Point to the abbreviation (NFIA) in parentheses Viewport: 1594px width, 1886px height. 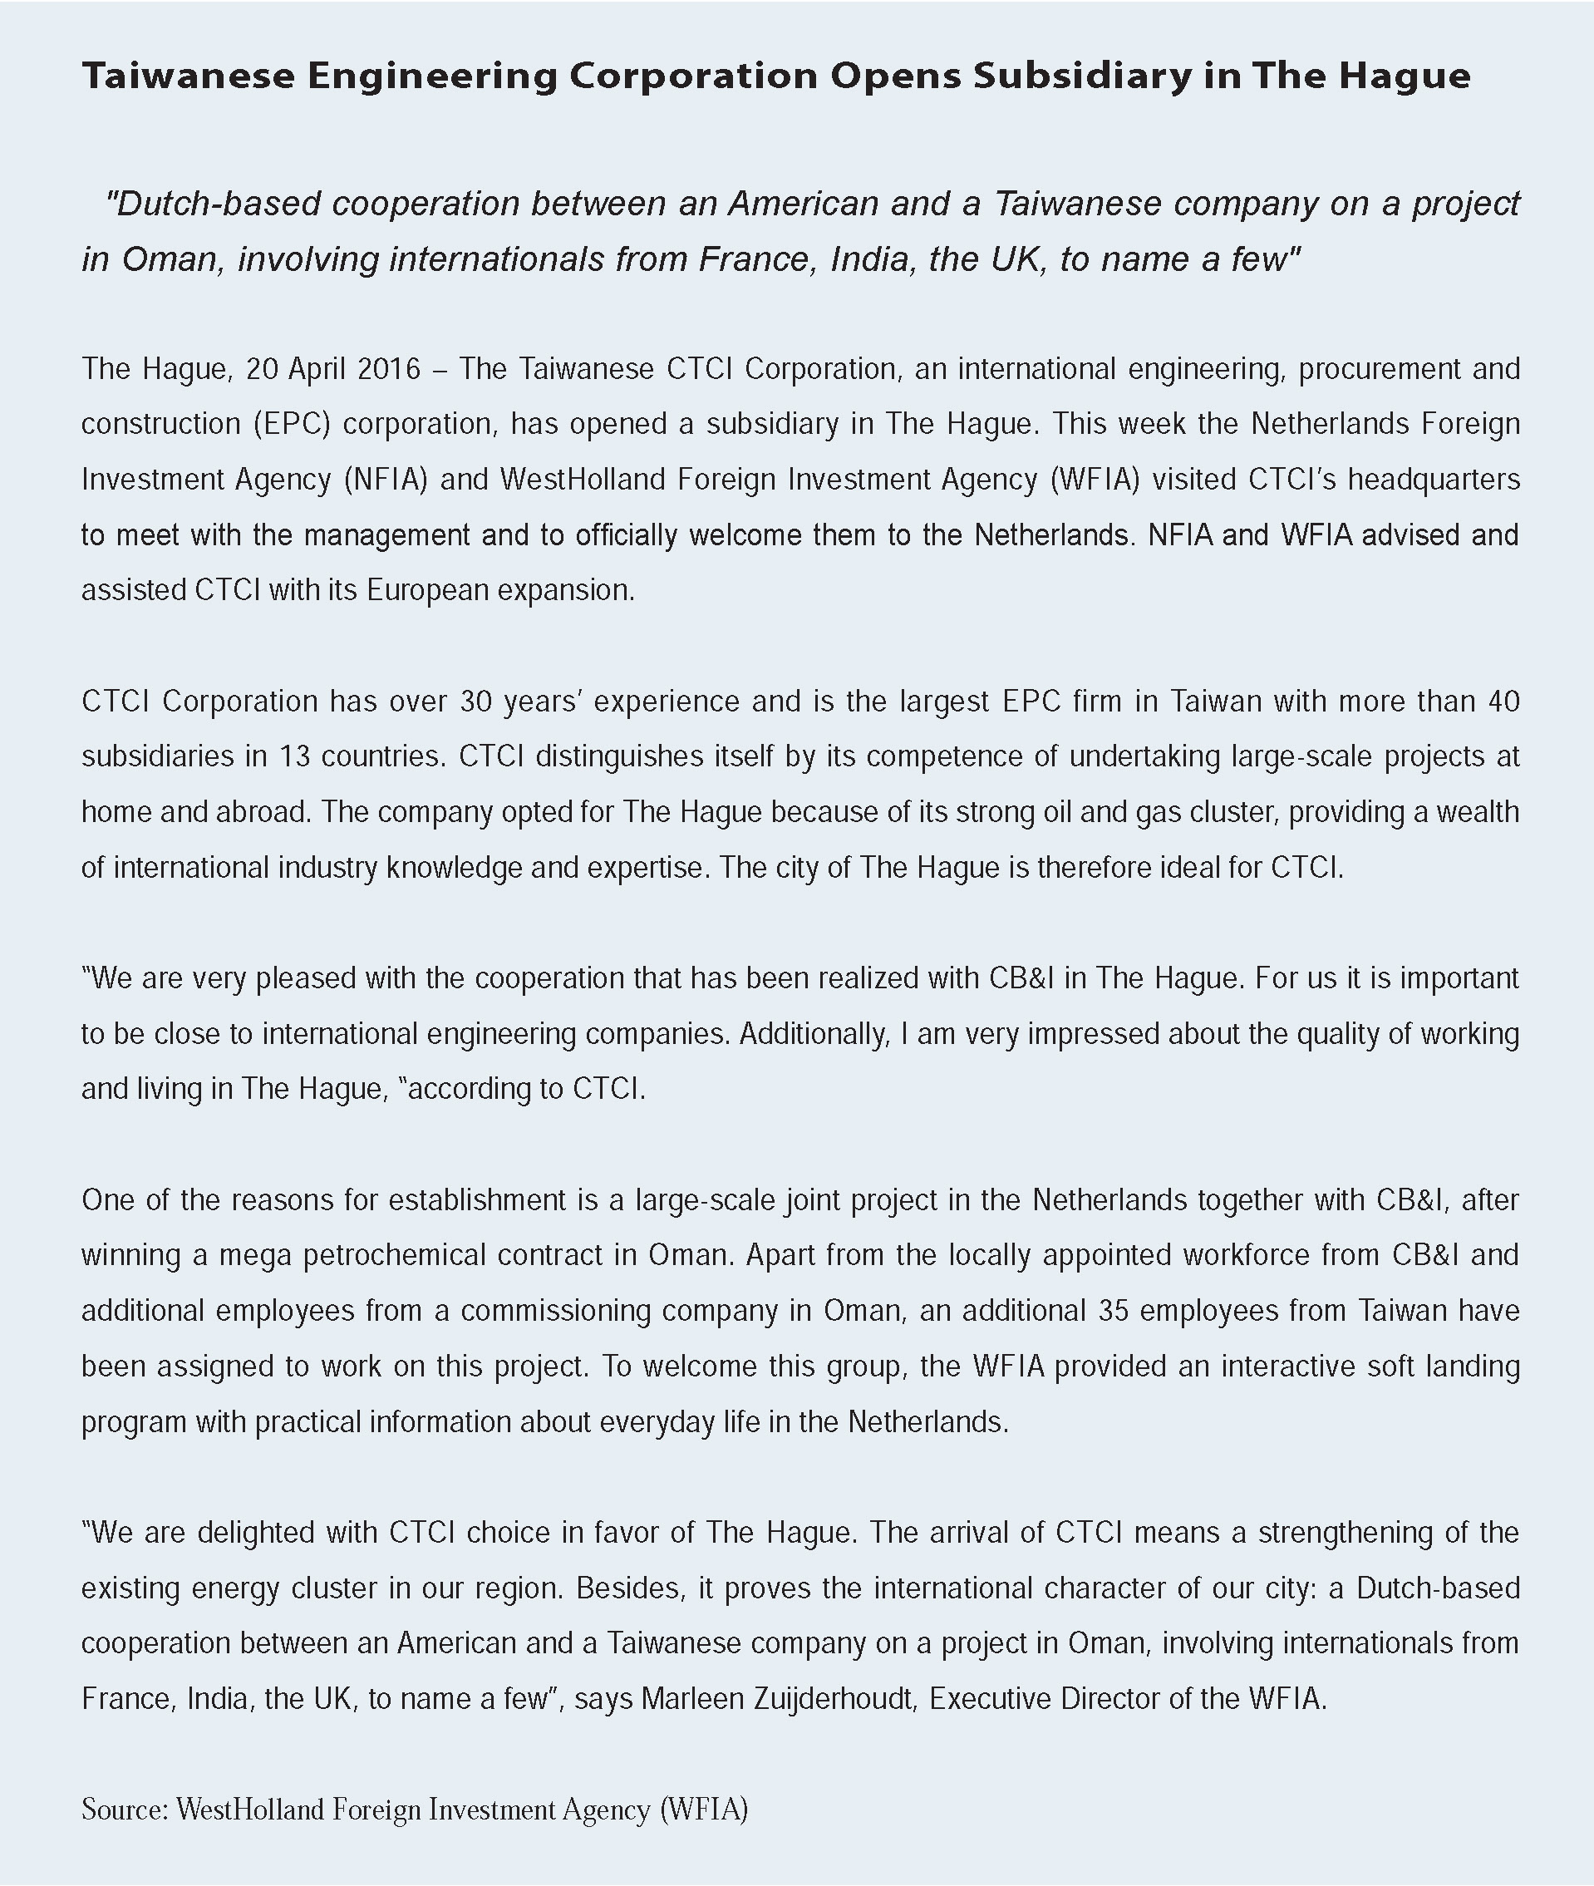click(386, 479)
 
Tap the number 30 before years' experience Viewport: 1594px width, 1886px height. click(475, 702)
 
